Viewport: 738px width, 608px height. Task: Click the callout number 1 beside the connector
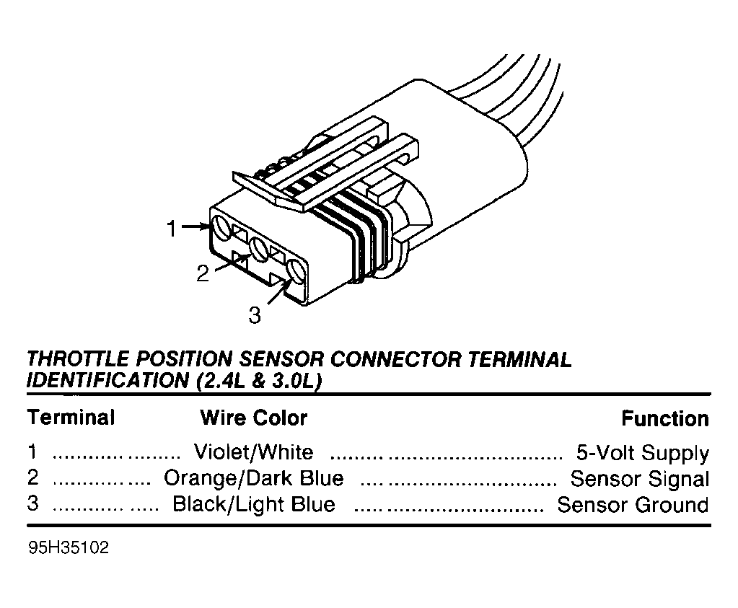coord(172,228)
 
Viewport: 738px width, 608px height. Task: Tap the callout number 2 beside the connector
coord(203,273)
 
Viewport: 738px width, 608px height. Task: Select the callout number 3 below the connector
coord(255,315)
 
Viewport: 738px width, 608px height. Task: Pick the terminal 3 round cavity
coord(296,272)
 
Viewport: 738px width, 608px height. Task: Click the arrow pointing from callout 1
coord(195,226)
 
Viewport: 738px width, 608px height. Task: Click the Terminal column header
coord(71,418)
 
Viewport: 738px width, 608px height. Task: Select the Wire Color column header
coord(254,418)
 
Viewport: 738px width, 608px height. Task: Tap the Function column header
coord(665,418)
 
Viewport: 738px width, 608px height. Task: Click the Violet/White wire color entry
coord(254,452)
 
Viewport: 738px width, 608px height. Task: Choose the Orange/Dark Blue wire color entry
coord(254,478)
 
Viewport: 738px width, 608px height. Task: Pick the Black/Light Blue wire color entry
coord(254,504)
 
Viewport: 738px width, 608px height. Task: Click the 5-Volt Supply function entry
coord(643,453)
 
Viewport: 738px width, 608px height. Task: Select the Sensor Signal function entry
coord(640,479)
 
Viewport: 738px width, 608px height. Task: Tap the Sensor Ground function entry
coord(633,505)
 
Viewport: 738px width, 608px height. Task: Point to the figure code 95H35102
coord(69,547)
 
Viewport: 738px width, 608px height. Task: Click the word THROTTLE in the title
coord(78,359)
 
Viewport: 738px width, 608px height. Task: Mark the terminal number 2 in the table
coord(32,477)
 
